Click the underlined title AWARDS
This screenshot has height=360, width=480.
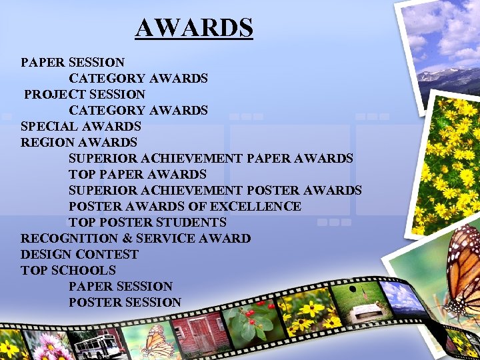coord(194,28)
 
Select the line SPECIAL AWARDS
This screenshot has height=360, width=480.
coord(81,126)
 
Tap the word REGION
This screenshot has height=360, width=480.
coord(47,142)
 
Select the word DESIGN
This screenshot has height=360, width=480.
coord(46,254)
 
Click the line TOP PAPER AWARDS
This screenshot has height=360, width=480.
coord(137,174)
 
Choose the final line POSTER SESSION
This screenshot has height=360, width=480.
coord(125,302)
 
